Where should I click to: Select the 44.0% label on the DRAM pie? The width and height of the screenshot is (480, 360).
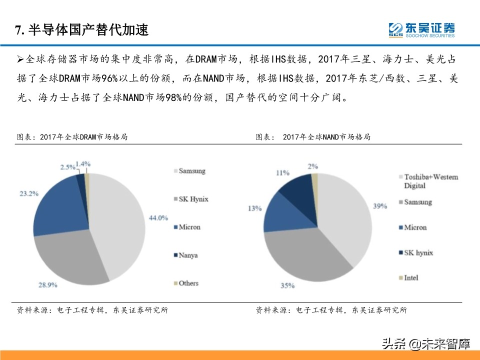click(x=159, y=217)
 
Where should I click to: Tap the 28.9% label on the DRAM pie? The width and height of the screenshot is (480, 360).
click(x=47, y=285)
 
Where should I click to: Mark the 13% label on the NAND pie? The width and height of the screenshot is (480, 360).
click(x=254, y=208)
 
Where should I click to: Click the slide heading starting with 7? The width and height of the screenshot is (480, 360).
click(x=82, y=30)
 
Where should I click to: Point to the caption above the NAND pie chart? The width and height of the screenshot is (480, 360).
click(x=313, y=136)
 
